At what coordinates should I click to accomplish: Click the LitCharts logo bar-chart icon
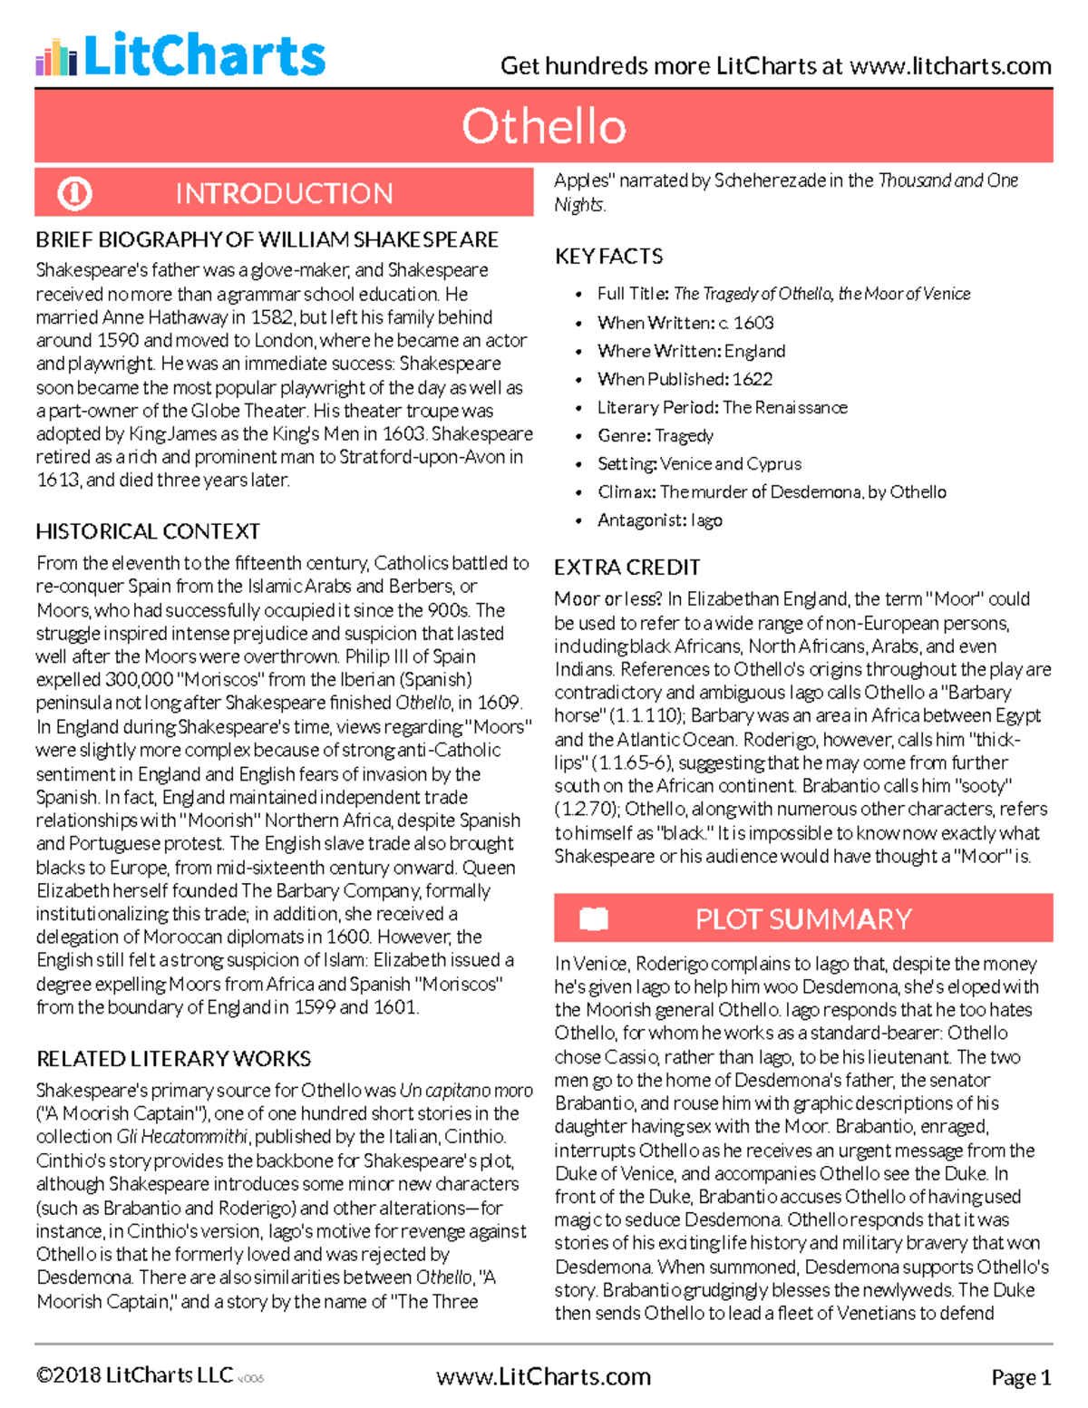point(56,57)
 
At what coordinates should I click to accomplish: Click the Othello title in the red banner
point(543,126)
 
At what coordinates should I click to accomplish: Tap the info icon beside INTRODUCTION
point(74,193)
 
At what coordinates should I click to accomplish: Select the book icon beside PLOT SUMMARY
point(594,918)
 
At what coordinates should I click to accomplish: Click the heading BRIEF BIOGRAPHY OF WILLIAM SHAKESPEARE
point(267,239)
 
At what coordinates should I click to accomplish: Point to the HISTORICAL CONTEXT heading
point(148,531)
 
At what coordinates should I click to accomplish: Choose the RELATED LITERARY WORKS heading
point(173,1059)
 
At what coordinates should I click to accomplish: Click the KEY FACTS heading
point(608,257)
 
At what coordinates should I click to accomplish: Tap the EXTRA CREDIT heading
point(627,568)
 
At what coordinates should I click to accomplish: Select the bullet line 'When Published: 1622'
point(685,379)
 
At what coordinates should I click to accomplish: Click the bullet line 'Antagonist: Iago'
point(659,520)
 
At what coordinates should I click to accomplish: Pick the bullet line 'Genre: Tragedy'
point(655,436)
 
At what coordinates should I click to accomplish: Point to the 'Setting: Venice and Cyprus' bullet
point(699,464)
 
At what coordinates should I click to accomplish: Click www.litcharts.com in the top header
point(950,66)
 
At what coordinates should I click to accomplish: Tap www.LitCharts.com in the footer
point(543,1376)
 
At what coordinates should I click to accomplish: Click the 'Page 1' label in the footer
point(1021,1378)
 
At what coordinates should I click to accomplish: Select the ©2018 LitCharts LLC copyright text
point(134,1375)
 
